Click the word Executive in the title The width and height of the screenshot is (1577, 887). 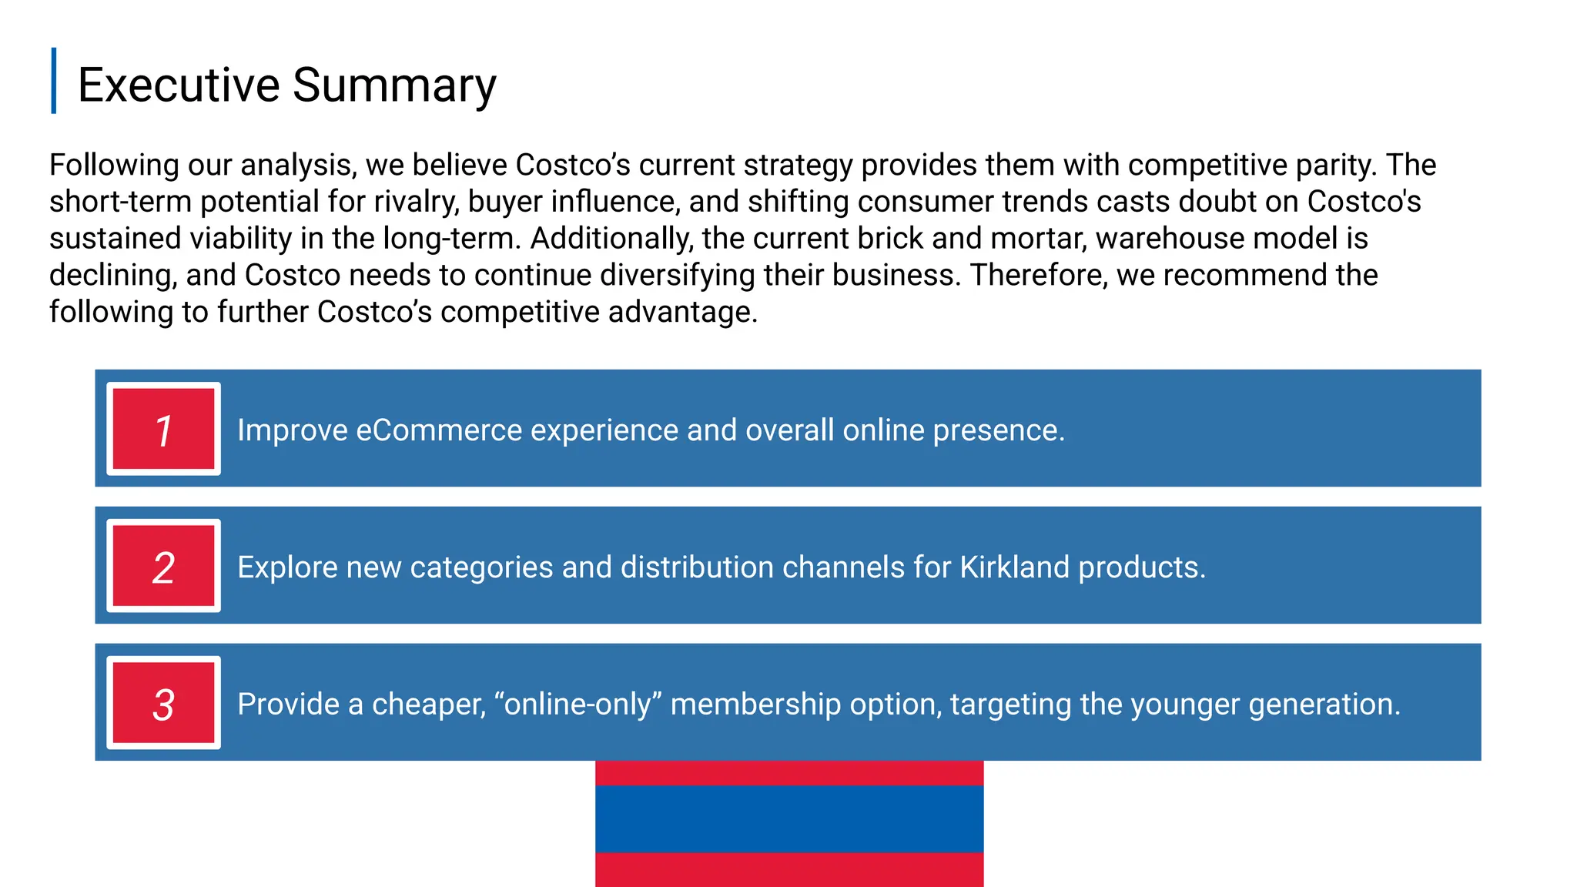[x=178, y=85]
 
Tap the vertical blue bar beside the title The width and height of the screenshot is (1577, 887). [x=54, y=81]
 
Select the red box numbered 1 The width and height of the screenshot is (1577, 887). [x=163, y=429]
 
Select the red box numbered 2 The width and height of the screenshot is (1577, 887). [x=163, y=566]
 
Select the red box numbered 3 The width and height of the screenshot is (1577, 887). [x=163, y=703]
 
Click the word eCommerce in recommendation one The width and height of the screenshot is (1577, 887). [x=439, y=430]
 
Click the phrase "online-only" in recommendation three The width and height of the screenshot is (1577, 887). [x=578, y=705]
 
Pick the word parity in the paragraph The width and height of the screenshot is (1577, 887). [x=1335, y=166]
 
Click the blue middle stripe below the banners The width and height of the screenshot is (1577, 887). [x=789, y=818]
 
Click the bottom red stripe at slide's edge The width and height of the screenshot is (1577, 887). [x=789, y=870]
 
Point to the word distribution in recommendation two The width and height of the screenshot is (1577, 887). [x=697, y=567]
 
